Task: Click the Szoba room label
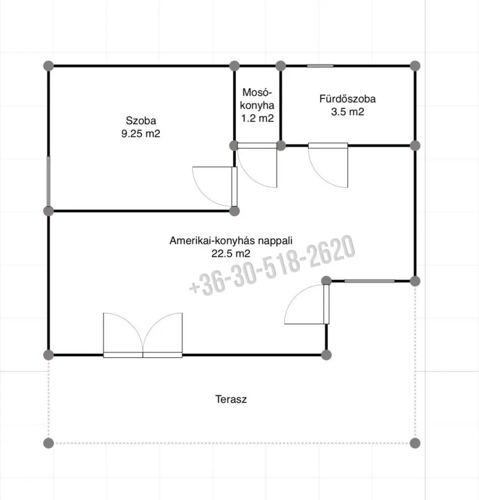[141, 121]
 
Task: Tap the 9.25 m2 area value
[141, 133]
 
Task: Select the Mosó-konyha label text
[257, 99]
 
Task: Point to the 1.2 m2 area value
[257, 118]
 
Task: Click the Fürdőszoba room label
[348, 99]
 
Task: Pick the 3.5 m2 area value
[348, 112]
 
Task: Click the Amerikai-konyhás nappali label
[231, 240]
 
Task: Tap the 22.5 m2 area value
[231, 253]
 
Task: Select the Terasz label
[231, 399]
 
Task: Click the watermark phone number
[272, 265]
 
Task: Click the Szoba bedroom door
[215, 187]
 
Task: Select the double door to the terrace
[143, 335]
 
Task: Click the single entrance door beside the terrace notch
[306, 304]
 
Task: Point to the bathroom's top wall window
[320, 66]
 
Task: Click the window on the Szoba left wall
[48, 182]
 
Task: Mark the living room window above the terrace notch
[370, 281]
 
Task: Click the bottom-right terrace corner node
[415, 443]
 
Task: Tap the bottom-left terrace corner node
[48, 443]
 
